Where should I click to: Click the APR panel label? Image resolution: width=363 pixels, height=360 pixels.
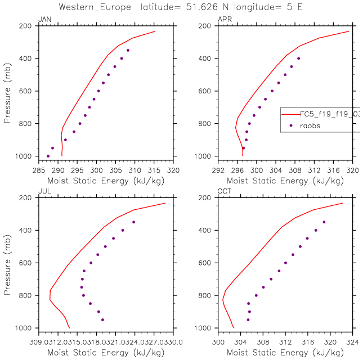(223, 20)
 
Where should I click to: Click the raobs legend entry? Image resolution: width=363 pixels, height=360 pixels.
(309, 126)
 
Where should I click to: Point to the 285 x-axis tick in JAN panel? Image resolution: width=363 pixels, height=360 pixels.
(38, 168)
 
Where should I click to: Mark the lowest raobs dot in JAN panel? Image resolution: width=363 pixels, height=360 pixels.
(48, 156)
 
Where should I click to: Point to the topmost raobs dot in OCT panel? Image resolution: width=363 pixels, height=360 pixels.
(324, 222)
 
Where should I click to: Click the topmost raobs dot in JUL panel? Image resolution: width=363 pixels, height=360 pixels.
(133, 222)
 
